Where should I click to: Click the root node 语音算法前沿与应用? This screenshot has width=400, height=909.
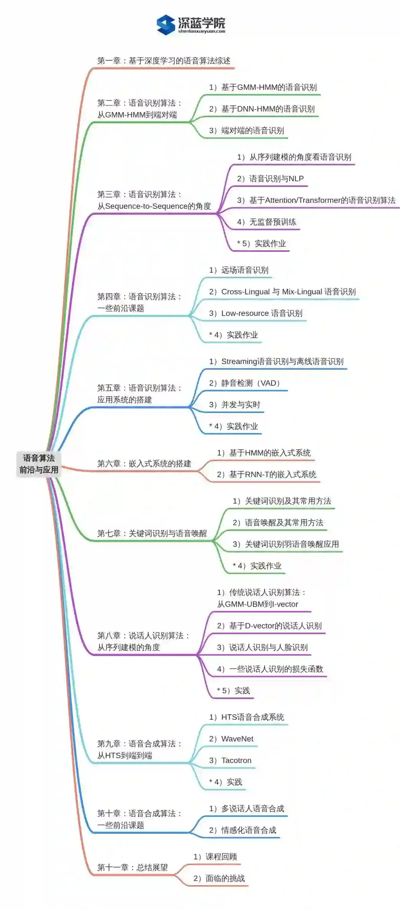39,464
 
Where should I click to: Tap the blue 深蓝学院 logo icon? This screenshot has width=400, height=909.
166,25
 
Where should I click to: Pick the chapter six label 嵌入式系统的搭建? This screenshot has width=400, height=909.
144,463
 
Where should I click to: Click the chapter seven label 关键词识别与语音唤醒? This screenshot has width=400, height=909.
152,533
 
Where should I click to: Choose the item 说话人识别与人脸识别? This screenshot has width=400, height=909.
262,648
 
